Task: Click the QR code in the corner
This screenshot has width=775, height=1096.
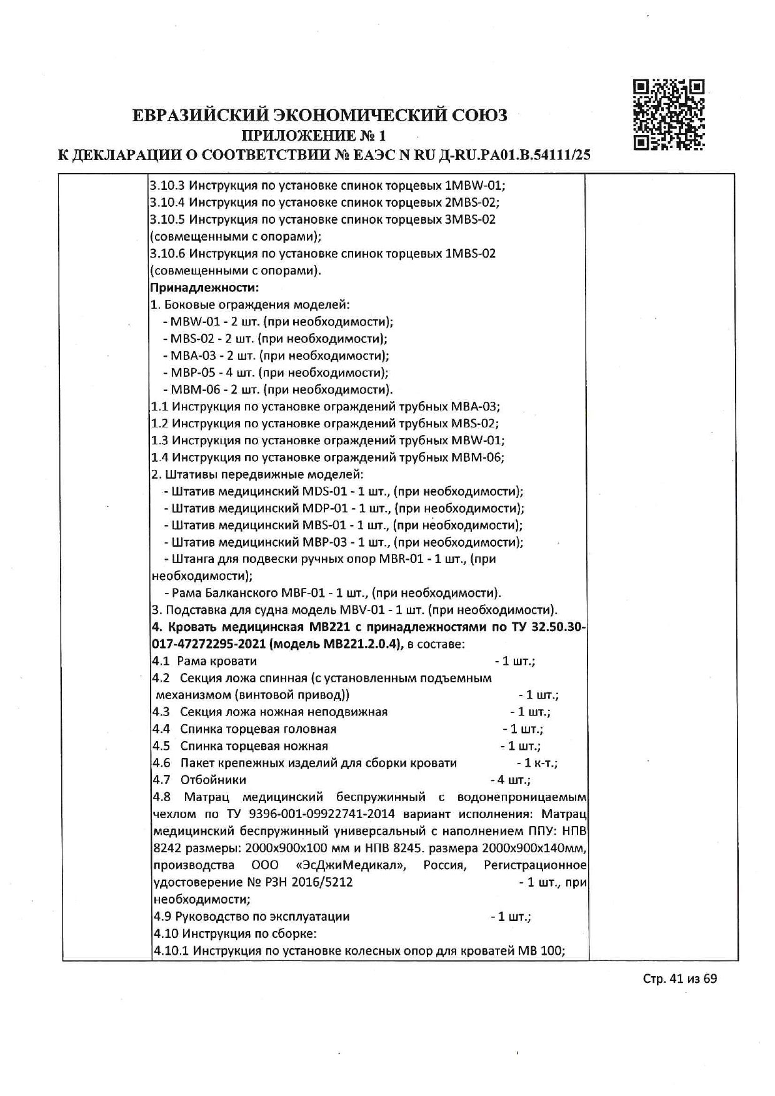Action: point(669,115)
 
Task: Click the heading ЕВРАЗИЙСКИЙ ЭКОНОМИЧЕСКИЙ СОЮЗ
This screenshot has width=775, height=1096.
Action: point(320,116)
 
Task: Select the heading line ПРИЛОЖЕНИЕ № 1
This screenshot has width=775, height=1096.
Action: point(314,135)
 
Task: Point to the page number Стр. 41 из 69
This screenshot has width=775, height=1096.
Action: point(679,979)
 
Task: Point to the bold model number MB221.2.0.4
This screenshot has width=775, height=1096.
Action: point(361,644)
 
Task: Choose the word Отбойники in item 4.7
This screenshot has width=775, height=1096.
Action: point(213,780)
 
